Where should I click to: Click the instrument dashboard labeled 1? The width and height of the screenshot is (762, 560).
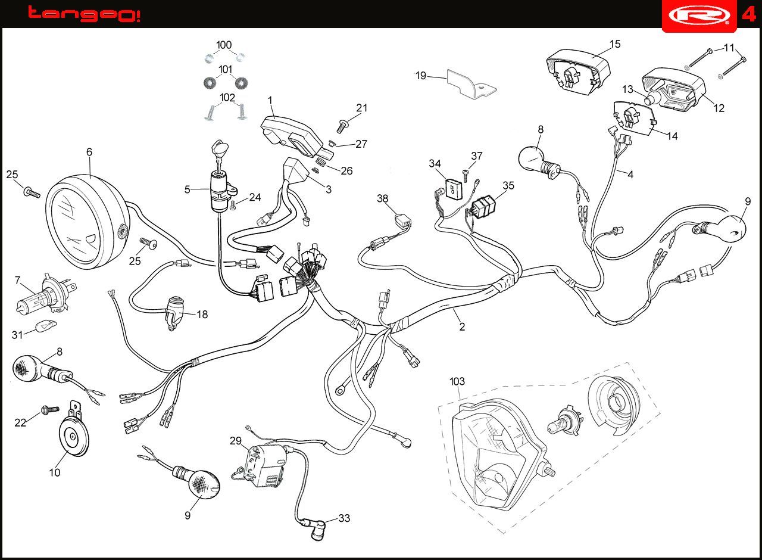pyautogui.click(x=295, y=137)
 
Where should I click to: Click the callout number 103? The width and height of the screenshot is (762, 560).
pyautogui.click(x=457, y=381)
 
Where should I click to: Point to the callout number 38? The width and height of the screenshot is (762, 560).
pyautogui.click(x=382, y=198)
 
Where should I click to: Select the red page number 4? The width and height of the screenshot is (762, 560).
pyautogui.click(x=748, y=15)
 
